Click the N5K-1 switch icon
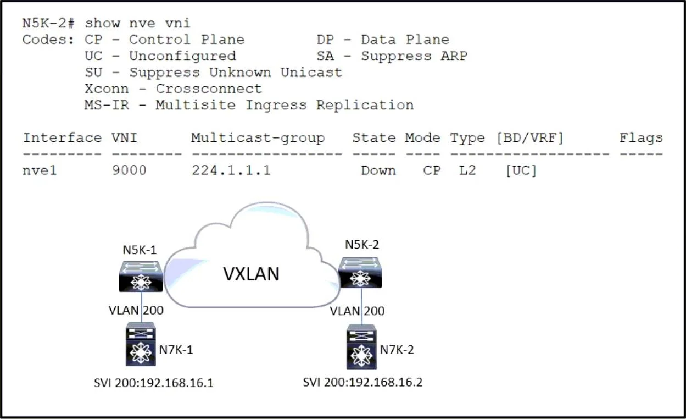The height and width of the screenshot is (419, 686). [x=141, y=276]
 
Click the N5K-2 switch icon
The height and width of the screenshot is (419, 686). [x=360, y=273]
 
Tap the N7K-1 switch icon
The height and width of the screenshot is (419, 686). [x=141, y=344]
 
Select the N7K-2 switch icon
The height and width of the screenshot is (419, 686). [x=361, y=346]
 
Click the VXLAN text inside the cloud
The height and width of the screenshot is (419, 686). [x=251, y=274]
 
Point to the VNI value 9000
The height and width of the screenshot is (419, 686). [x=129, y=170]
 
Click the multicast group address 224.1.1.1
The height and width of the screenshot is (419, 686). [x=231, y=170]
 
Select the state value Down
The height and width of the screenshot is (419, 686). [x=378, y=170]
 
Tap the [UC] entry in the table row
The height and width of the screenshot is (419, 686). [x=521, y=170]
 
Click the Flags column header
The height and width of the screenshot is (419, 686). [x=642, y=138]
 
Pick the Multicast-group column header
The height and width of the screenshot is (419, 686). [x=258, y=138]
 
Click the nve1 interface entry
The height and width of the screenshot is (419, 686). [x=40, y=170]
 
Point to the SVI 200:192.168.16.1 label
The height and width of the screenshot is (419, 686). [x=153, y=383]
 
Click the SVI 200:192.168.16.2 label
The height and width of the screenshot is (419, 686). [x=362, y=382]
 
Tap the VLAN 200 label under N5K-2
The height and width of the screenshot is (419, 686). [x=357, y=311]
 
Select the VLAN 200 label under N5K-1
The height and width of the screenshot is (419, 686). [x=136, y=310]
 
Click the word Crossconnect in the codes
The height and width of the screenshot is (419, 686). [x=209, y=89]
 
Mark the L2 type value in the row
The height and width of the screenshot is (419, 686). [x=467, y=170]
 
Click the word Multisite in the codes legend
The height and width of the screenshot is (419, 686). [x=196, y=106]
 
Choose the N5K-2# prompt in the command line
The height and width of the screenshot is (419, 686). [x=48, y=23]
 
